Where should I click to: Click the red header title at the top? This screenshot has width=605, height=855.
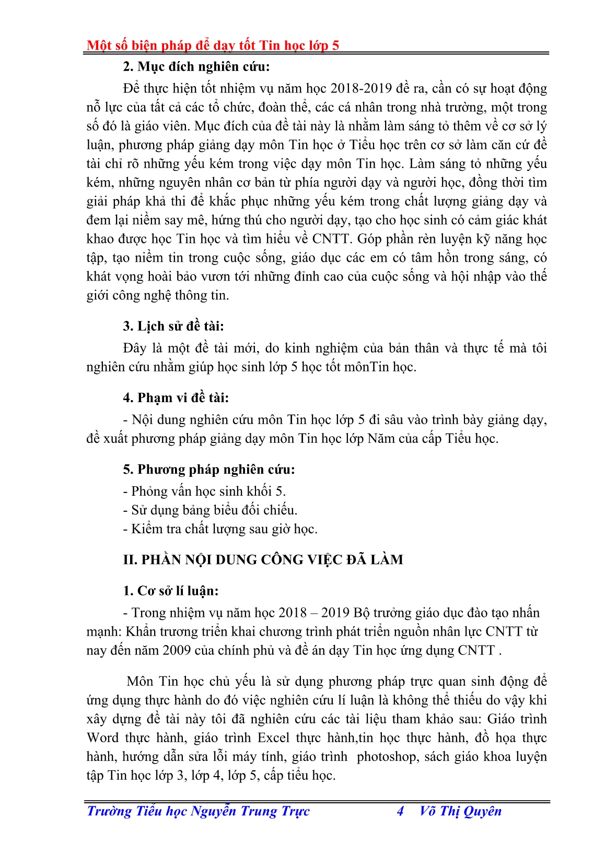pos(213,45)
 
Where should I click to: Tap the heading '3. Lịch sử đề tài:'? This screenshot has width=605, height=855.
pos(173,326)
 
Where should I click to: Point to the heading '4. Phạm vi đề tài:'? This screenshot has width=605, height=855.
pos(176,398)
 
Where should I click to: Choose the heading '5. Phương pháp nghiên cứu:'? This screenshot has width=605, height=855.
pos(209,470)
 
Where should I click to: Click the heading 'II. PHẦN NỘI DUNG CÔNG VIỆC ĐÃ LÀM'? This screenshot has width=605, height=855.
pos(263,560)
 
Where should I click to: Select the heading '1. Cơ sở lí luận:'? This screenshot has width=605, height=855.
pos(171,591)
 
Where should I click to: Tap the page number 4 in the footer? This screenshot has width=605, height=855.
pos(400,811)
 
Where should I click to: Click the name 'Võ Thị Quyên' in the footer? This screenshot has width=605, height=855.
pos(460,811)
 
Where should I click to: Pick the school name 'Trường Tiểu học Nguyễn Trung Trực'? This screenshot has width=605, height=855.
pos(198,811)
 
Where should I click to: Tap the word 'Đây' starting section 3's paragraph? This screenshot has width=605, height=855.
pos(136,348)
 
